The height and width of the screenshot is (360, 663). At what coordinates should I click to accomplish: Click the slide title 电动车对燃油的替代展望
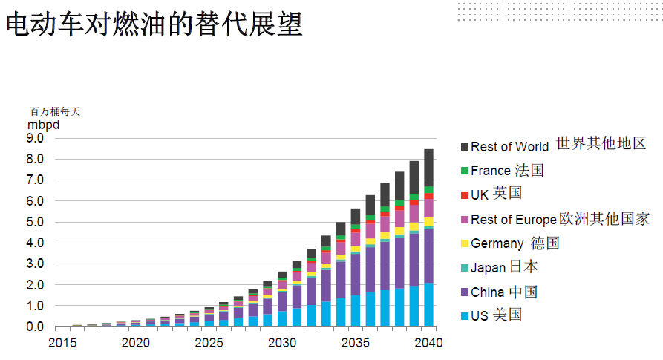(x=154, y=24)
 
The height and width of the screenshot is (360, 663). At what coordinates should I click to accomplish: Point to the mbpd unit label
(x=43, y=124)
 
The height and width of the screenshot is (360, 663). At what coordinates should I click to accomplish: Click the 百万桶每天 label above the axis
(x=54, y=111)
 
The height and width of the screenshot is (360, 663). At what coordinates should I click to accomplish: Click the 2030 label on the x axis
(x=282, y=343)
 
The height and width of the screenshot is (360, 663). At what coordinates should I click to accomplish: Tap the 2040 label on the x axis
(x=428, y=343)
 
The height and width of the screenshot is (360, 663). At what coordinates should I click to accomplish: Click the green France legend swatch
(x=465, y=171)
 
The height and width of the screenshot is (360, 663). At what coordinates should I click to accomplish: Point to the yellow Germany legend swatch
(x=465, y=243)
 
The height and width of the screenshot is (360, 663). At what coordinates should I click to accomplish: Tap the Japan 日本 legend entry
(x=504, y=267)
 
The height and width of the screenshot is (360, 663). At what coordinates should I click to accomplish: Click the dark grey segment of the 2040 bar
(x=429, y=167)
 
